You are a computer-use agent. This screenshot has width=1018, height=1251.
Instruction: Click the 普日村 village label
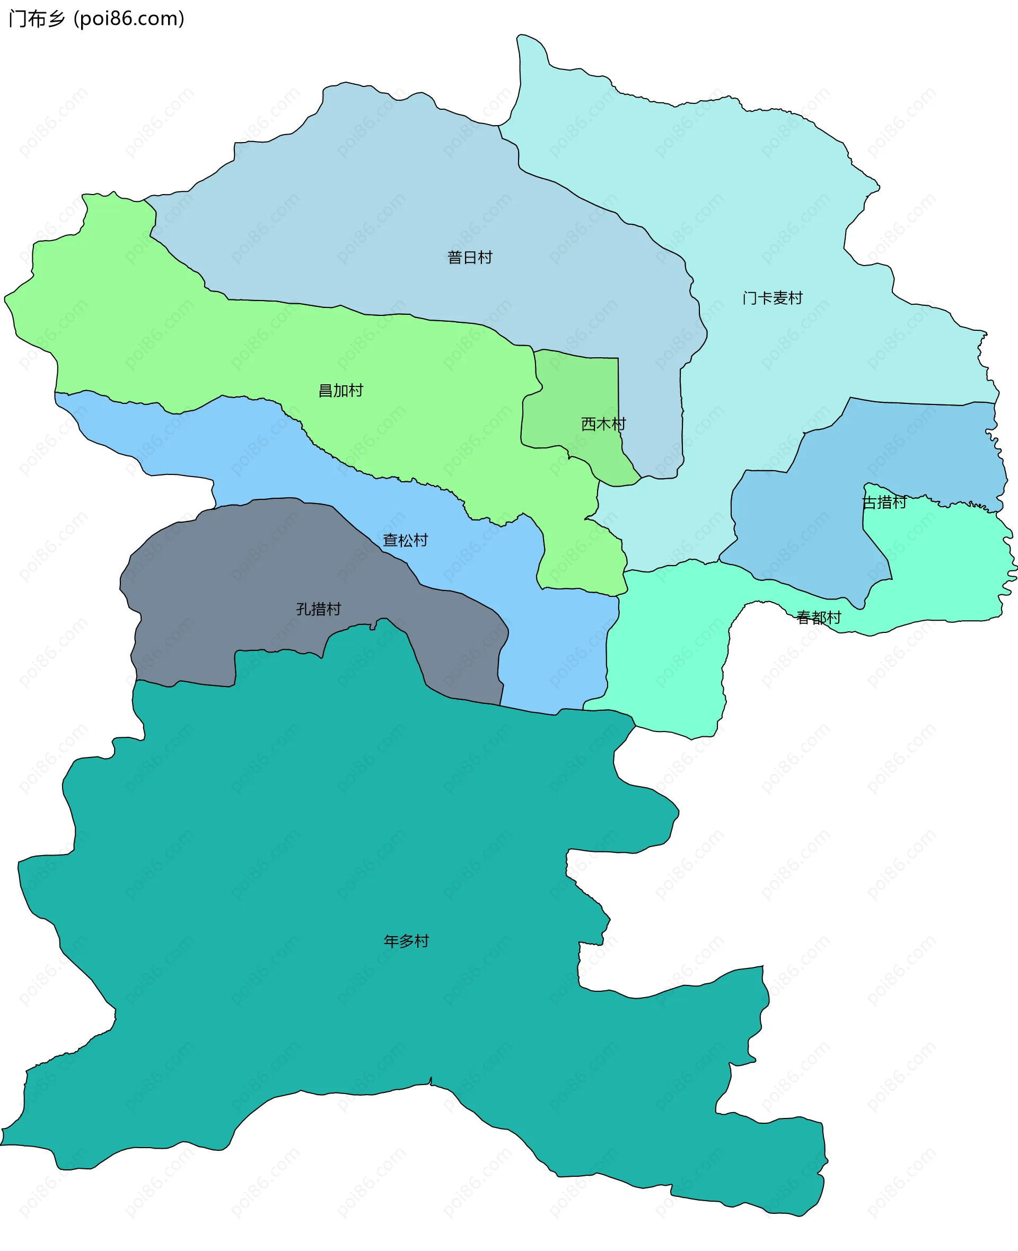pyautogui.click(x=470, y=257)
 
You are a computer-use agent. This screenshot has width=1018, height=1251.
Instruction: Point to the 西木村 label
pyautogui.click(x=603, y=424)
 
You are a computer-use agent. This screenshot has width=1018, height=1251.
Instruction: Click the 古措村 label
pyautogui.click(x=884, y=503)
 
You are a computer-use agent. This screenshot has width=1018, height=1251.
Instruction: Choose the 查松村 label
pyautogui.click(x=405, y=540)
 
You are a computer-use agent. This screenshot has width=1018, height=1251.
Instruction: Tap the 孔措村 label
pyautogui.click(x=319, y=609)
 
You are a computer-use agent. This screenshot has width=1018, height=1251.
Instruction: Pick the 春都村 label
pyautogui.click(x=818, y=618)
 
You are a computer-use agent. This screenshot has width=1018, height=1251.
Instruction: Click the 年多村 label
pyautogui.click(x=406, y=941)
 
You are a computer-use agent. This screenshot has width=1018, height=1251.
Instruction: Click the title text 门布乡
pyautogui.click(x=37, y=19)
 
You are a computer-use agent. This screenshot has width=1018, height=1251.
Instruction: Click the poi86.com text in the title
pyautogui.click(x=129, y=19)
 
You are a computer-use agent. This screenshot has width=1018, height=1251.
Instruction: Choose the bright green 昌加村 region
pyautogui.click(x=176, y=340)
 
